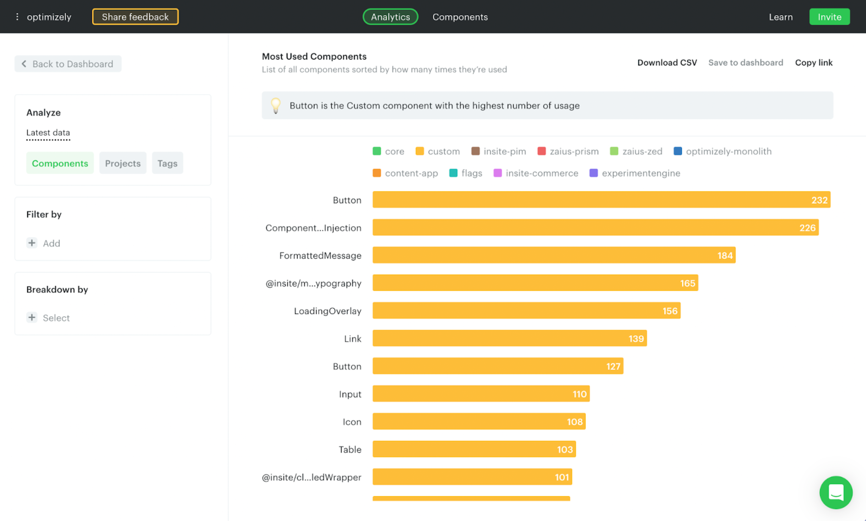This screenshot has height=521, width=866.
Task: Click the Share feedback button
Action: (x=135, y=17)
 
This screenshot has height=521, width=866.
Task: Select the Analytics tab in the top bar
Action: (x=390, y=17)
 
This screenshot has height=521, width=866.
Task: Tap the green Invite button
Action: (x=829, y=17)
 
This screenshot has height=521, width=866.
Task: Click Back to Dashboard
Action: (x=68, y=64)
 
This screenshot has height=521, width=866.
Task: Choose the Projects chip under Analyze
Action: (x=122, y=163)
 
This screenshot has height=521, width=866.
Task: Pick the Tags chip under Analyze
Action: (x=167, y=163)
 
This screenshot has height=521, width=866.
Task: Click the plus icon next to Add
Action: (x=32, y=243)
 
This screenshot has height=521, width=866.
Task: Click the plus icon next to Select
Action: (x=32, y=317)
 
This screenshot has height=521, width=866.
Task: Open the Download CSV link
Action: (x=667, y=62)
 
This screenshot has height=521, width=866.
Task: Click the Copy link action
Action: (x=813, y=62)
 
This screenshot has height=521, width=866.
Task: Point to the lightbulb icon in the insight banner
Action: (x=276, y=105)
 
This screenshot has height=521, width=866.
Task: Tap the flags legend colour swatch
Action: (x=453, y=173)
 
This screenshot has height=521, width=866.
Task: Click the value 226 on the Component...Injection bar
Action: (x=807, y=228)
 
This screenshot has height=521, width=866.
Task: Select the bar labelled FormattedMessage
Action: (x=553, y=255)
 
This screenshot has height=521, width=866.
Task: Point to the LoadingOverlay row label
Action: (x=327, y=311)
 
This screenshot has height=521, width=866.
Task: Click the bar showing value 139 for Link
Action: (x=509, y=339)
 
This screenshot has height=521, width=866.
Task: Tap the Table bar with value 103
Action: (x=474, y=449)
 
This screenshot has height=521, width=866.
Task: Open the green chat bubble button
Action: (x=836, y=492)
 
